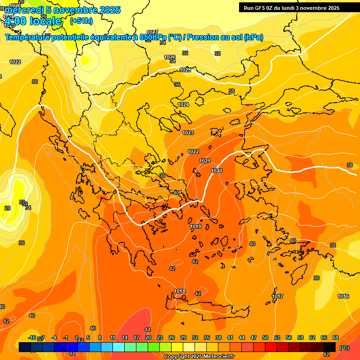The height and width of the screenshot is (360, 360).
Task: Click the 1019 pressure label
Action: pyautogui.click(x=196, y=227)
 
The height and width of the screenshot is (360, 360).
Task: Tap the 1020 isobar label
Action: pyautogui.click(x=217, y=171)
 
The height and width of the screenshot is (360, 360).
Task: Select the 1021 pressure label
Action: pyautogui.click(x=205, y=161)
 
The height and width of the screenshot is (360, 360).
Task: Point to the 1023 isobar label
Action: pyautogui.click(x=188, y=133)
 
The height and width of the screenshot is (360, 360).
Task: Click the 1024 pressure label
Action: pyautogui.click(x=183, y=105)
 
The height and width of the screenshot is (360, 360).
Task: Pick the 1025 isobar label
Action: pyautogui.click(x=185, y=70)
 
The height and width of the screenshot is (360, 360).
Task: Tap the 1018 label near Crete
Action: pyautogui.click(x=180, y=291)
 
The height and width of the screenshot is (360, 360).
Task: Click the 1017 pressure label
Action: pyautogui.click(x=277, y=296)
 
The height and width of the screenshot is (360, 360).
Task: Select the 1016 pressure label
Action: pyautogui.click(x=343, y=296)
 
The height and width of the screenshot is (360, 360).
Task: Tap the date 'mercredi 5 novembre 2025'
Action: pyautogui.click(x=62, y=10)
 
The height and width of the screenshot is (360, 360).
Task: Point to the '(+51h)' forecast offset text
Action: pyautogui.click(x=81, y=21)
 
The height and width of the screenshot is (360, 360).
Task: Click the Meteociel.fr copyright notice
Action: pyautogui.click(x=199, y=357)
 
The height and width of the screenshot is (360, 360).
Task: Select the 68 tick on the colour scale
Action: pyautogui.click(x=336, y=337)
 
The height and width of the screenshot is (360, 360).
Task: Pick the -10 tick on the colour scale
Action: pyautogui.click(x=32, y=337)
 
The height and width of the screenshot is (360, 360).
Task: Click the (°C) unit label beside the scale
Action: pyautogui.click(x=345, y=348)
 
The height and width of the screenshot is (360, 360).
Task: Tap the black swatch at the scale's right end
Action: pyautogui.click(x=330, y=347)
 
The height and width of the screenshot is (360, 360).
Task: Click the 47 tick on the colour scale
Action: pyautogui.click(x=254, y=337)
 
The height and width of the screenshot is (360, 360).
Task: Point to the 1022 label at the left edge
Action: pyautogui.click(x=15, y=62)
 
